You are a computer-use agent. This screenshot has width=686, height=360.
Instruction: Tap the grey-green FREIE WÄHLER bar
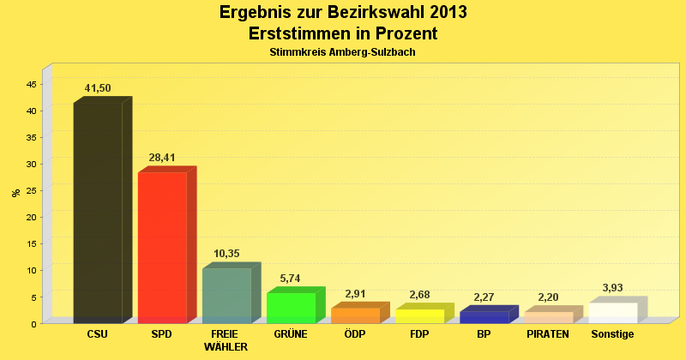click(226, 295)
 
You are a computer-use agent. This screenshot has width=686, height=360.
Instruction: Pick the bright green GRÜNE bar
click(291, 308)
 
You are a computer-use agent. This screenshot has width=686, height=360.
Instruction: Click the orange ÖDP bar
click(355, 315)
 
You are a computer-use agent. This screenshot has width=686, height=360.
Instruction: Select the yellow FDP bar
click(419, 315)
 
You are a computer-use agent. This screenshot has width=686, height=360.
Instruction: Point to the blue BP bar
click(484, 316)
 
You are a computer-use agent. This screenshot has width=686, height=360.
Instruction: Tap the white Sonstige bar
click(612, 313)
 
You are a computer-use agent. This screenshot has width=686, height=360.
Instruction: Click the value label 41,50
click(98, 88)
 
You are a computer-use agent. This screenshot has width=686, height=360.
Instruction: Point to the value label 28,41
click(162, 158)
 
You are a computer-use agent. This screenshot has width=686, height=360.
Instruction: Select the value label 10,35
click(226, 254)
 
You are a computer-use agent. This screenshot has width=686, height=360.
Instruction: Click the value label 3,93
click(612, 288)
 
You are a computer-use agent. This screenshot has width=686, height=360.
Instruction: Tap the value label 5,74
click(291, 279)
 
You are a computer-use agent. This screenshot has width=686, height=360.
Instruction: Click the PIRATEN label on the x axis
click(548, 334)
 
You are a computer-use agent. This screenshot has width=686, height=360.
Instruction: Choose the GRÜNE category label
click(291, 334)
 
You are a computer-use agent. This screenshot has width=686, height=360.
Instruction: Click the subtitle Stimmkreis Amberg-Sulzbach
click(343, 52)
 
